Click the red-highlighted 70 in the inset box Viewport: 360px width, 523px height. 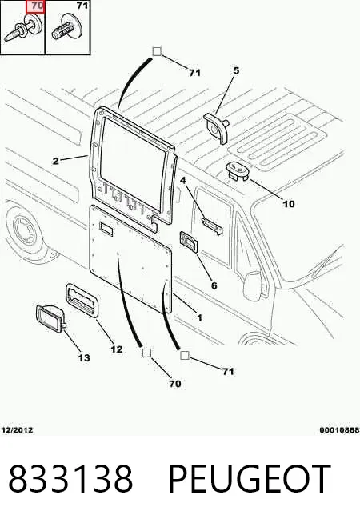click(35, 6)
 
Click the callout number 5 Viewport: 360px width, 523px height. click(236, 70)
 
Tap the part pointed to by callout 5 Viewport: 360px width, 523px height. click(217, 127)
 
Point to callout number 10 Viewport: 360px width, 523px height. click(289, 203)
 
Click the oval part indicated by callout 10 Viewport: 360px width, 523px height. click(239, 171)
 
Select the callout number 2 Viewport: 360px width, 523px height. click(56, 161)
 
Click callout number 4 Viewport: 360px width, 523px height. click(183, 181)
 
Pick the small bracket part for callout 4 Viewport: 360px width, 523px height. click(212, 226)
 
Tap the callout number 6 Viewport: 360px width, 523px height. click(214, 285)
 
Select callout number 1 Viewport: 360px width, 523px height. click(199, 317)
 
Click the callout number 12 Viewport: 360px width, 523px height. click(117, 349)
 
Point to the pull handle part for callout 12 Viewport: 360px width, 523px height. click(82, 300)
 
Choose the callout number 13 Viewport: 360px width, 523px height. click(84, 358)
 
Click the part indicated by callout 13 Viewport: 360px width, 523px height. click(50, 319)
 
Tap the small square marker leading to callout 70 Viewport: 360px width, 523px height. click(147, 353)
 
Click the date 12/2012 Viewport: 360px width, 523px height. click(18, 430)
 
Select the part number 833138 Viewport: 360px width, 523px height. click(70, 479)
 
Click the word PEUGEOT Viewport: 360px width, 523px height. click(250, 479)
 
